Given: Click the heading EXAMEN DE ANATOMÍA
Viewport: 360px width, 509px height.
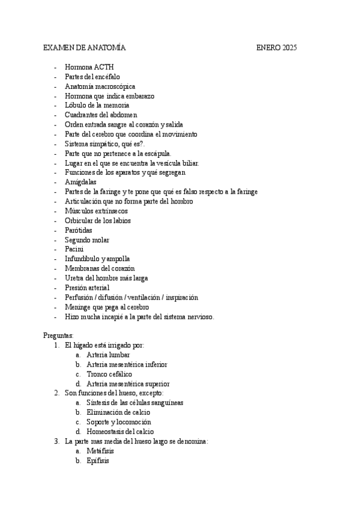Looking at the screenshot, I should tap(85, 47).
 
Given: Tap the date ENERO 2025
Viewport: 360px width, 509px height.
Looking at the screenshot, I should tap(277, 47).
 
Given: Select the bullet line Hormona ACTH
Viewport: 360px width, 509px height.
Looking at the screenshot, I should tap(89, 67).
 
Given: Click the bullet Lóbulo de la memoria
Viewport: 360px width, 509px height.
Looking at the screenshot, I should tap(97, 105).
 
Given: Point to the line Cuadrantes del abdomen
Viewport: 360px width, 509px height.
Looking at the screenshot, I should tap(101, 115).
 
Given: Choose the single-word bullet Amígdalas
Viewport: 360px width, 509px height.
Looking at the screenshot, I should tap(80, 182).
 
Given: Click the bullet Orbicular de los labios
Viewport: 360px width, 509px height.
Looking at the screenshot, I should tap(98, 220).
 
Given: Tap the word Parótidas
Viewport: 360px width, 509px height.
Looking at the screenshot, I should tap(79, 230).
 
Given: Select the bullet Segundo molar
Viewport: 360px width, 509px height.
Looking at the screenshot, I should tap(87, 239).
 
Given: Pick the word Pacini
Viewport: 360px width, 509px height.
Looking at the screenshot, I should tap(74, 249).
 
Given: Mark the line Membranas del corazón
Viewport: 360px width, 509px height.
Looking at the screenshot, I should tap(100, 268).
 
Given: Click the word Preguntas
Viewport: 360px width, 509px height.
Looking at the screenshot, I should tap(58, 336).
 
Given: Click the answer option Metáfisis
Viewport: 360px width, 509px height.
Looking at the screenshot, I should tap(100, 451).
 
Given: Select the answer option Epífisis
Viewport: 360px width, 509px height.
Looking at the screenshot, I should tap(98, 460).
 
